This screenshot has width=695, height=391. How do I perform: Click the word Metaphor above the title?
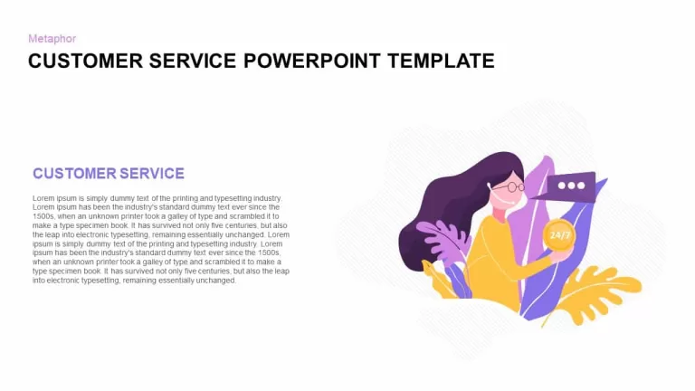pyautogui.click(x=52, y=39)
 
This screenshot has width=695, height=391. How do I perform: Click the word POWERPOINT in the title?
pyautogui.click(x=312, y=61)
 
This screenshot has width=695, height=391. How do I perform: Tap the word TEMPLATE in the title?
pyautogui.click(x=441, y=61)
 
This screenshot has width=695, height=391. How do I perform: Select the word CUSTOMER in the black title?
pyautogui.click(x=86, y=61)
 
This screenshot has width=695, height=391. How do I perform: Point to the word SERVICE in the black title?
pyautogui.click(x=193, y=61)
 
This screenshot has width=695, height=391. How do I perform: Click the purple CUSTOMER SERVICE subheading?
pyautogui.click(x=109, y=174)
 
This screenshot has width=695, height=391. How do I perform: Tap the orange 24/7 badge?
pyautogui.click(x=559, y=235)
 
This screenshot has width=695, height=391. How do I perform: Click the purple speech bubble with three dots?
pyautogui.click(x=569, y=187)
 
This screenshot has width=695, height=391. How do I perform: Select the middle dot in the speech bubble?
pyautogui.click(x=571, y=186)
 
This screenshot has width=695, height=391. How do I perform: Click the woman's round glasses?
pyautogui.click(x=509, y=187)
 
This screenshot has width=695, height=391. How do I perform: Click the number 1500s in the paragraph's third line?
pyautogui.click(x=43, y=216)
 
